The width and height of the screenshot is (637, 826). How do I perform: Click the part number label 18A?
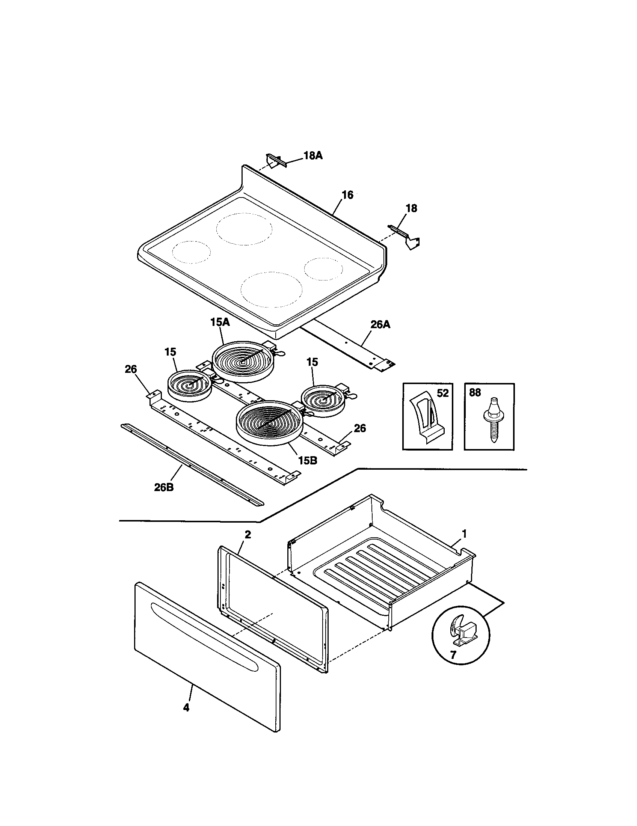(312, 156)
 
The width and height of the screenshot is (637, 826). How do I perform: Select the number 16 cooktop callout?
(347, 195)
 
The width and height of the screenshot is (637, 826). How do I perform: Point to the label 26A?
(380, 324)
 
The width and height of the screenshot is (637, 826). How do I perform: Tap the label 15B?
(307, 461)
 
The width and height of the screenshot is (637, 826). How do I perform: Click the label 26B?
(164, 487)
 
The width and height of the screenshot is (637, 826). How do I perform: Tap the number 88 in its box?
(475, 393)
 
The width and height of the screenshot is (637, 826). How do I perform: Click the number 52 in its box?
(442, 393)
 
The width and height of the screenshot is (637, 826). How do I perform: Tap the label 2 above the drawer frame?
(248, 534)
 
